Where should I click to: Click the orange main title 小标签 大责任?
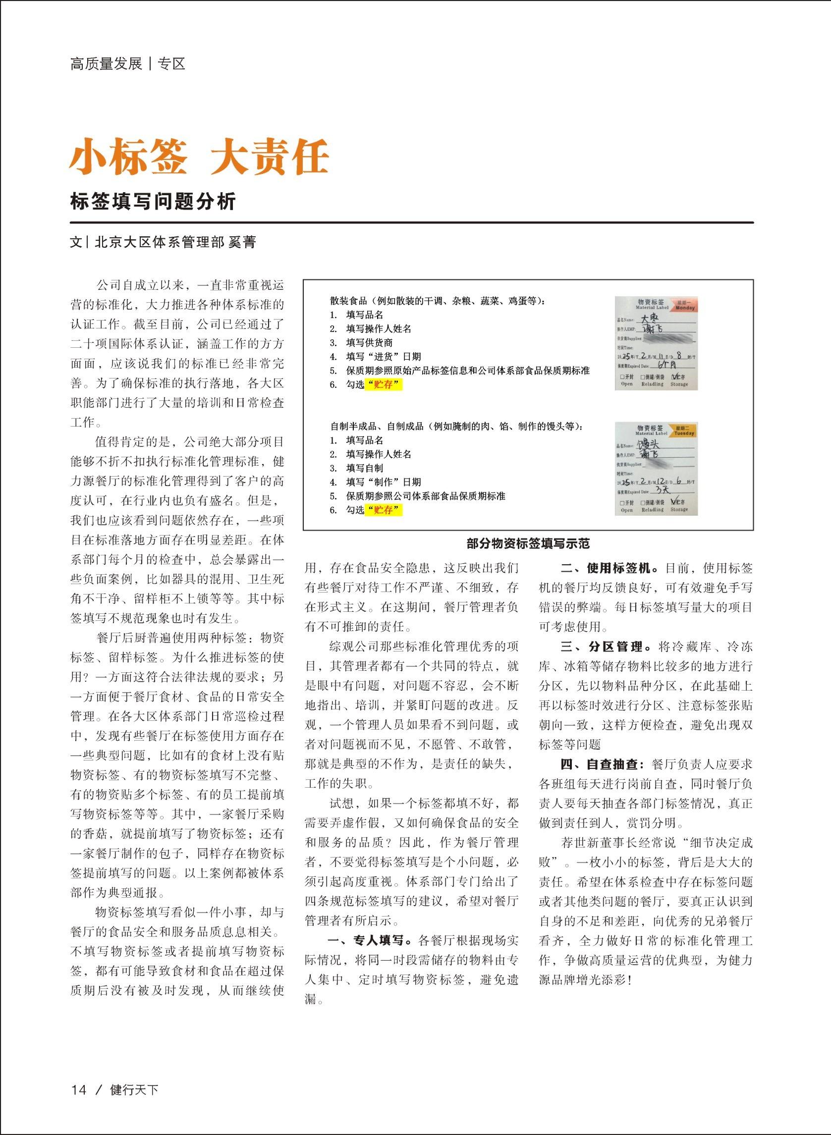tap(199, 157)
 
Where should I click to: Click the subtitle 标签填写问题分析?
tap(153, 202)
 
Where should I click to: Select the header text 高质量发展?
tap(106, 64)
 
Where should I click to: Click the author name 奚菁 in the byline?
tap(242, 242)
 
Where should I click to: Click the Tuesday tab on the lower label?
tap(684, 431)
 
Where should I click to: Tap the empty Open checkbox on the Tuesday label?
tap(622, 502)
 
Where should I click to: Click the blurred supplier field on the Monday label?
tap(669, 338)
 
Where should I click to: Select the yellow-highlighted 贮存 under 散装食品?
tap(384, 385)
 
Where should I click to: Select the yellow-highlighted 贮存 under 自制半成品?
tap(384, 510)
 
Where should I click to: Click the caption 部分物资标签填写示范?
tap(528, 543)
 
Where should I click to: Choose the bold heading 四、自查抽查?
tap(602, 764)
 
